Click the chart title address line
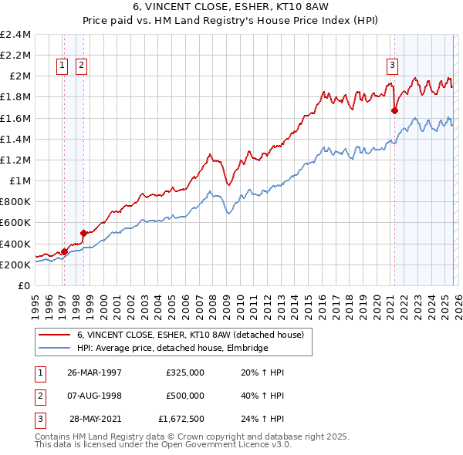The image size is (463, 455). coord(231,7)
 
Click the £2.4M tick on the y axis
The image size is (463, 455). coord(15,35)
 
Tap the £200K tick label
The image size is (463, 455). coord(15,265)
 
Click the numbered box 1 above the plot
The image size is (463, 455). coord(61,66)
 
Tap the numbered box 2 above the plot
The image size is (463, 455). coord(81,66)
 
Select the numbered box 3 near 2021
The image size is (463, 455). coord(392,66)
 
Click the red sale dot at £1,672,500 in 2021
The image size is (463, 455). coord(394,110)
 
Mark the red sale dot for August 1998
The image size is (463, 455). coord(83,232)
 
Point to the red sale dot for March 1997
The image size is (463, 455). coord(65,251)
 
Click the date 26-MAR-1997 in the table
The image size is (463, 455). coord(95,372)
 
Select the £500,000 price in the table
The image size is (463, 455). coord(185,395)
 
